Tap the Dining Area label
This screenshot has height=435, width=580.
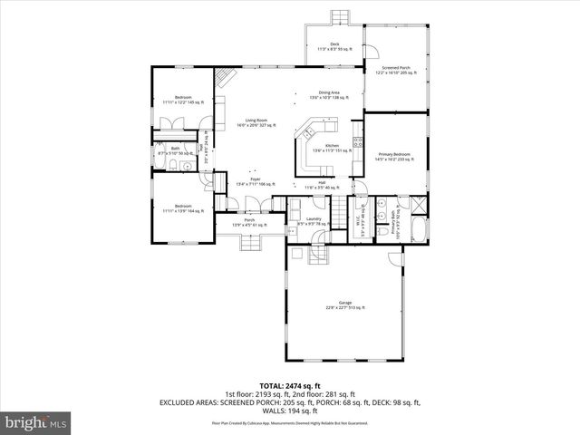(x=324, y=94)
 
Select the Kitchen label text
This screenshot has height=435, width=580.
(x=332, y=149)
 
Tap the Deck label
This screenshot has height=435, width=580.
(x=333, y=46)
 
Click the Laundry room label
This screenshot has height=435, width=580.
(x=314, y=220)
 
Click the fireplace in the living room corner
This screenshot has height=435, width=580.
(x=220, y=79)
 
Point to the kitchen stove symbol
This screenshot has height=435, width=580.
(x=358, y=141)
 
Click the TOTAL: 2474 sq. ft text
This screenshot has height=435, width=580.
(x=289, y=386)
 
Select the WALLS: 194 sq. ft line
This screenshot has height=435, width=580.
(x=289, y=411)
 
